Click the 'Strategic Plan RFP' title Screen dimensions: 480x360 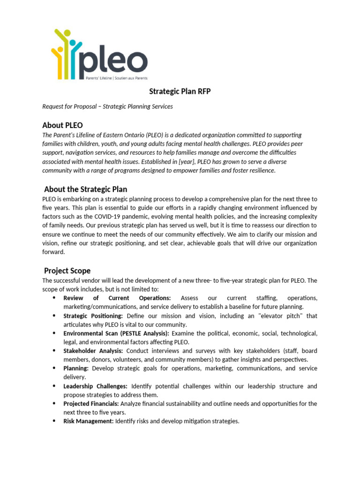pos(180,91)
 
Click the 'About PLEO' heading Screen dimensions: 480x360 pos(62,125)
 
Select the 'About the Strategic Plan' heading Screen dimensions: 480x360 pos(85,189)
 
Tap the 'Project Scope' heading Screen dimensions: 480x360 pos(67,270)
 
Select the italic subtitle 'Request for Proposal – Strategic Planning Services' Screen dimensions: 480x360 pos(107,106)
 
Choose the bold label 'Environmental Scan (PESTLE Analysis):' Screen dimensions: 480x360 pos(116,333)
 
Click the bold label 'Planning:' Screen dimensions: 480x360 pos(76,368)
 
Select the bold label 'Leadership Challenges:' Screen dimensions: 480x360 pos(95,386)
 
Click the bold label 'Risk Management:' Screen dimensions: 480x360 pos(88,421)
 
